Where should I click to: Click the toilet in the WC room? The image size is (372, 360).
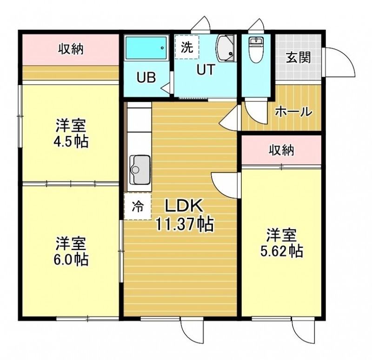coord(255,50)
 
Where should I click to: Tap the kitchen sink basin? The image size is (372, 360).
coord(139,170)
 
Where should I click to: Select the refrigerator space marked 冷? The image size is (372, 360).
coord(138,206)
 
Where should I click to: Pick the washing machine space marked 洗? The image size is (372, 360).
coord(187,47)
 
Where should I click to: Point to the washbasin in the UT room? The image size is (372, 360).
coord(225,48)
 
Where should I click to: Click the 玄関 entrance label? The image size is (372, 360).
coord(298,57)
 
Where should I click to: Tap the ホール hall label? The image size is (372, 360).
coord(293,111)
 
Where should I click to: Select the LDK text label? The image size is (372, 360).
coord(184,206)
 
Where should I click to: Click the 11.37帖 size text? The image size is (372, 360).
coord(184,224)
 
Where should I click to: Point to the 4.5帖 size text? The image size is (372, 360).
coord(71,141)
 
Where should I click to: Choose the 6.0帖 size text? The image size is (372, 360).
coord(71,259)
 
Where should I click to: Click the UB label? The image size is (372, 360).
coord(146,77)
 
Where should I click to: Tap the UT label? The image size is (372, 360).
coord(206,70)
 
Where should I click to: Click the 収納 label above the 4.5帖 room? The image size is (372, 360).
coord(71,49)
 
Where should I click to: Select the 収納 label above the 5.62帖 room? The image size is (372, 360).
coord(281,150)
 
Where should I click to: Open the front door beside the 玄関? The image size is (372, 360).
coord(339,62)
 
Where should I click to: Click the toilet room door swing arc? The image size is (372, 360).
coord(257,112)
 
